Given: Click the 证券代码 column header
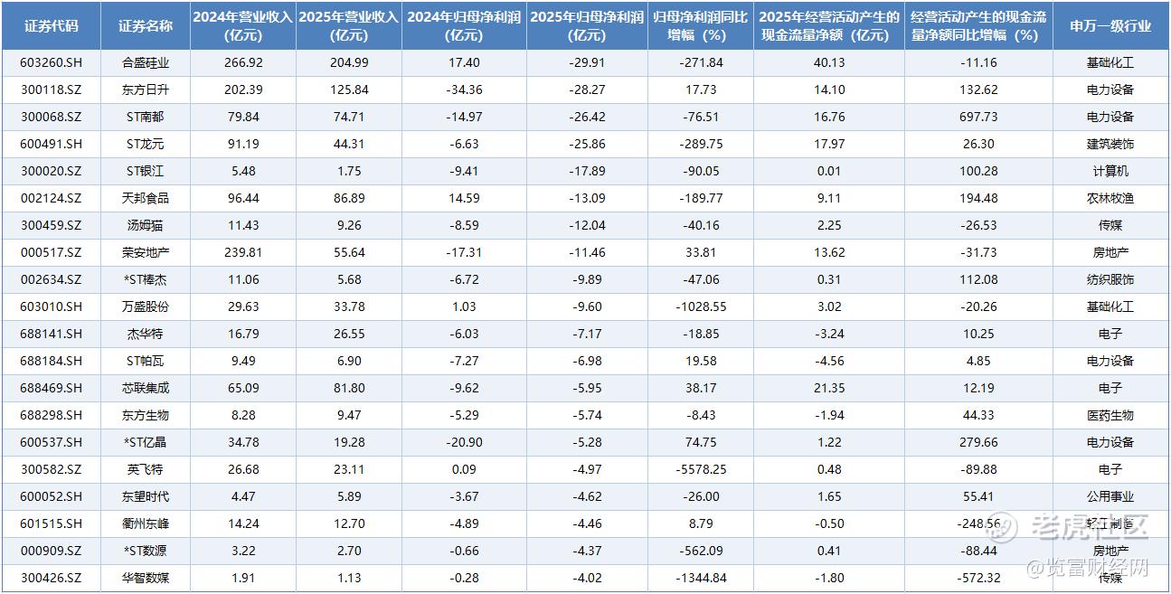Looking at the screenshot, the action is pos(52,26).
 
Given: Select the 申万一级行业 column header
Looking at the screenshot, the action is pos(1110,26).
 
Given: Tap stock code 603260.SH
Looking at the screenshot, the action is pos(52,62).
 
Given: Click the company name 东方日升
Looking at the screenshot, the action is pos(146,90).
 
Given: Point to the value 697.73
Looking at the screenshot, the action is pos(978,117).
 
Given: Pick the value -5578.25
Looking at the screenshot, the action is pos(701,469).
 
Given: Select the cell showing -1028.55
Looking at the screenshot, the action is pos(701,306).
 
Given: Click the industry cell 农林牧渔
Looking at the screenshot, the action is pos(1110,198).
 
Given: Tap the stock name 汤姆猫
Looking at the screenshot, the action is pos(146,225).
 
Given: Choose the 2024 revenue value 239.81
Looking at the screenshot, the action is pos(243,252).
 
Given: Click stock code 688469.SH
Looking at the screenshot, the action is pos(52,388).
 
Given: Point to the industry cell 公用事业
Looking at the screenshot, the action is pos(1110,496).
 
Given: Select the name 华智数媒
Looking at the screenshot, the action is pos(146,578).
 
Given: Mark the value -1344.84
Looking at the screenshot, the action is pos(701,578).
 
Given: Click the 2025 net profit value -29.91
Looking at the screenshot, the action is pos(587,62).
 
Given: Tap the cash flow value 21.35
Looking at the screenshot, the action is pos(829,388).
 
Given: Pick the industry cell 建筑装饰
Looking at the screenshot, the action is pos(1110,144).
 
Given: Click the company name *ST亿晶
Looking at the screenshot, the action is pos(146,442).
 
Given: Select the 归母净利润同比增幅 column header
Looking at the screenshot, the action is pos(701,26).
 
